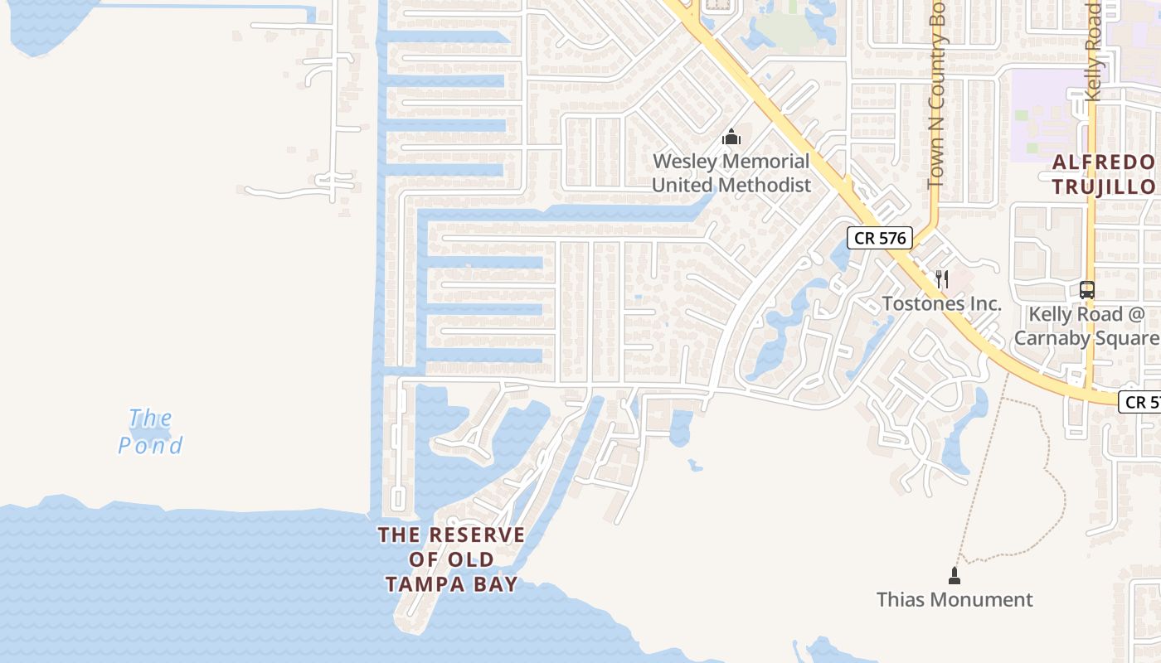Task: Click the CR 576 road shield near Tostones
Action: click(x=880, y=238)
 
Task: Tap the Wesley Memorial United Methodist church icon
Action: click(x=731, y=137)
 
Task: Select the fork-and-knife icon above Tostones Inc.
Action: click(x=941, y=279)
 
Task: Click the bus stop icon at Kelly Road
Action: click(x=1086, y=290)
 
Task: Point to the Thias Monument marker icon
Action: click(x=955, y=575)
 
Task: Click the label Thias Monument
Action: click(x=955, y=599)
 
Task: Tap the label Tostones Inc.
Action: click(x=941, y=303)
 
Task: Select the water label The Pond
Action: click(x=150, y=432)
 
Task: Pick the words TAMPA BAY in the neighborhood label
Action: click(x=452, y=584)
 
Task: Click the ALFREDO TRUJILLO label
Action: click(x=1104, y=174)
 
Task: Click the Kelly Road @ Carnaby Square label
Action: click(x=1086, y=326)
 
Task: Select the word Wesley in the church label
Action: click(x=685, y=162)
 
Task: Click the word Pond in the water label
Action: click(x=150, y=445)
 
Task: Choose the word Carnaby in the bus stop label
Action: click(x=1057, y=337)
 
